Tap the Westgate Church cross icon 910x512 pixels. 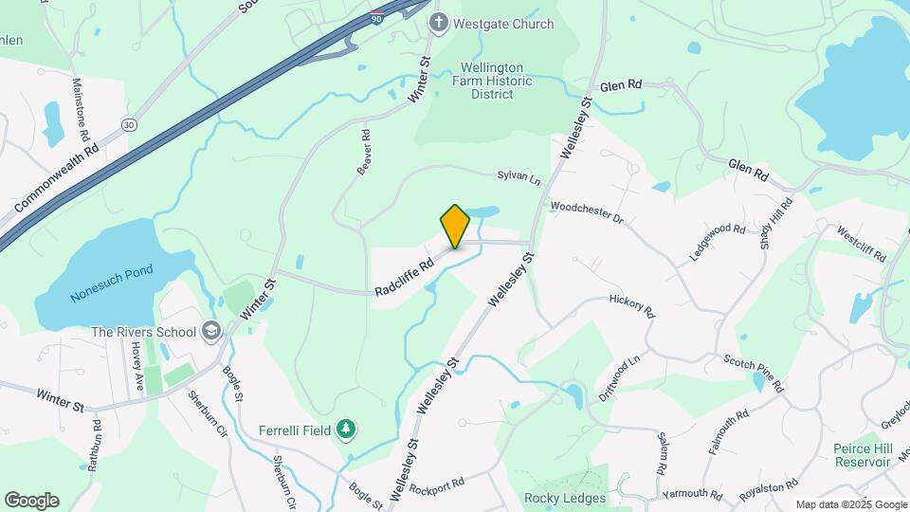[438, 22]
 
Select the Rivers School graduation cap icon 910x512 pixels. [210, 331]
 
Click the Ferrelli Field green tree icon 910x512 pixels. [348, 430]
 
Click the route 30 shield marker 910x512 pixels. [129, 124]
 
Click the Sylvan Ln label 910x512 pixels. [519, 176]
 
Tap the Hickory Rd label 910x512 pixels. [632, 305]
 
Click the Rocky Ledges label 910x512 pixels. [565, 498]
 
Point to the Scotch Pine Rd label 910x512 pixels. [754, 373]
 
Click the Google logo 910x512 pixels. [31, 500]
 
